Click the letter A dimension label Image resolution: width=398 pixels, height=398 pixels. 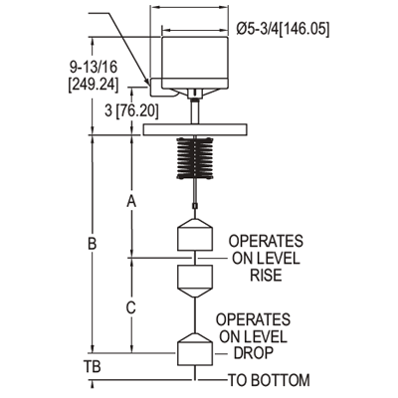tap(129, 201)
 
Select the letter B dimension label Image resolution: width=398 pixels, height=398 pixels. tap(92, 244)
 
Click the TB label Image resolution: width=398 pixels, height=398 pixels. tap(92, 365)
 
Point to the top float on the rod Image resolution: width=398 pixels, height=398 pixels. tap(196, 235)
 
